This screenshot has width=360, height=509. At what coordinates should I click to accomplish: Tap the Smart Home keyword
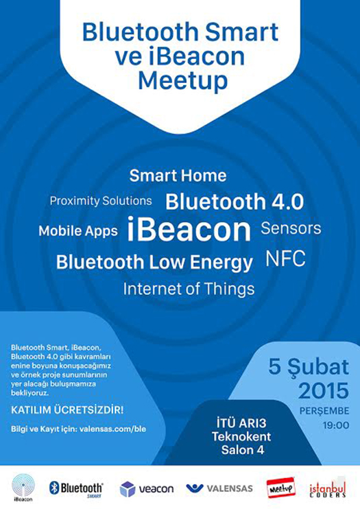(x=178, y=176)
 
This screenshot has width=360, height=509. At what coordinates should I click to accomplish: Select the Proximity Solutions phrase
(x=101, y=201)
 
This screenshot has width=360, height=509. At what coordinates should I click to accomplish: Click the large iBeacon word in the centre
(x=189, y=229)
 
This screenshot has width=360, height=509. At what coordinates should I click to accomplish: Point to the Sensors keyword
(x=291, y=228)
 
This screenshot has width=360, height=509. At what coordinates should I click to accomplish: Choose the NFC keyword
(x=286, y=259)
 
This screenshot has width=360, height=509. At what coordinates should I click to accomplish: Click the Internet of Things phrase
(x=189, y=289)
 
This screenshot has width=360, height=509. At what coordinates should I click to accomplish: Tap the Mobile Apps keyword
(x=78, y=231)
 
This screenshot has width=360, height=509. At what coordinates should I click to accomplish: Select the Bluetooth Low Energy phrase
(x=154, y=262)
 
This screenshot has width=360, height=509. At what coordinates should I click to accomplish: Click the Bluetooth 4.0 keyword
(x=235, y=202)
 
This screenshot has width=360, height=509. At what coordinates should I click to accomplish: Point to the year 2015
(x=324, y=391)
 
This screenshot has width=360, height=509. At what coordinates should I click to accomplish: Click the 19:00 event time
(x=336, y=425)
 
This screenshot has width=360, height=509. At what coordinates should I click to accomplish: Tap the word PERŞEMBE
(x=324, y=412)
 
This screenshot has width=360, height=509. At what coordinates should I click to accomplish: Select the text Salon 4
(x=243, y=450)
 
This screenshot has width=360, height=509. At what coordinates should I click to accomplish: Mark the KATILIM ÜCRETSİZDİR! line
(x=67, y=410)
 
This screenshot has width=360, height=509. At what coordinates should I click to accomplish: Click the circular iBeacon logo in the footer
(x=23, y=487)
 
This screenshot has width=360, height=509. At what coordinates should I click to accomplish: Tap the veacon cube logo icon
(x=128, y=489)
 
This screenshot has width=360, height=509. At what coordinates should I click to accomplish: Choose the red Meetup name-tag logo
(x=280, y=488)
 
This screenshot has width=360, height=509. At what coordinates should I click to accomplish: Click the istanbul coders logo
(x=327, y=489)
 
